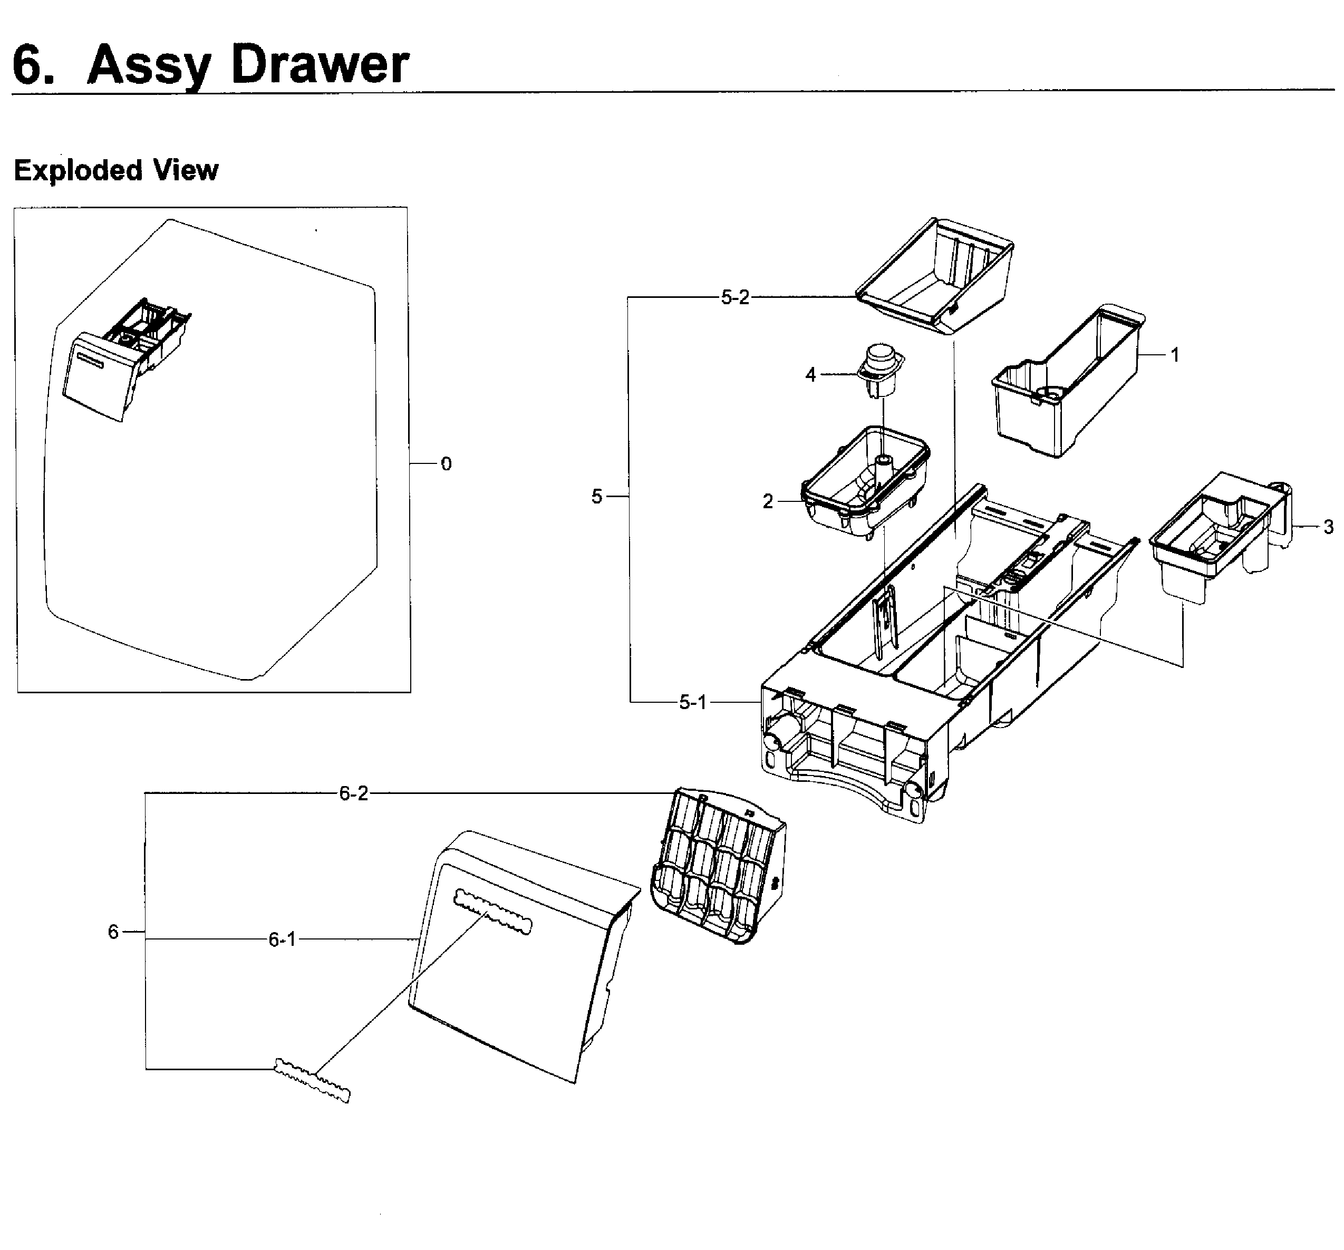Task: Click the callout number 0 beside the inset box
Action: [446, 464]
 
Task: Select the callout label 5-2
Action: [735, 297]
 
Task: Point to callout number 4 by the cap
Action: [810, 374]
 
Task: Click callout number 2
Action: [767, 501]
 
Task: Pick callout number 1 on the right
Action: [1175, 355]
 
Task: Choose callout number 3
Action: [1329, 527]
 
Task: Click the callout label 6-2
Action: [354, 793]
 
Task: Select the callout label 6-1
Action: [282, 939]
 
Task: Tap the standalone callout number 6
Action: [113, 932]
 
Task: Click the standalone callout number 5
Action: [596, 497]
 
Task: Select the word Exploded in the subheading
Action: [78, 170]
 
